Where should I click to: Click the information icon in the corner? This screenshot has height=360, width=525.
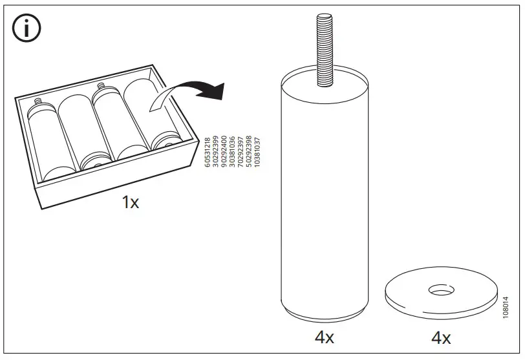coord(27,28)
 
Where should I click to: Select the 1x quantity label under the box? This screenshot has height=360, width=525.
coord(130,203)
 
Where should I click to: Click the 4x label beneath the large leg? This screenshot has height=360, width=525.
coord(324,337)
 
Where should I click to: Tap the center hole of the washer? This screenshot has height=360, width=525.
coord(442,292)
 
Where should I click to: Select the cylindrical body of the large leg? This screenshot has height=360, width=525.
coord(325,194)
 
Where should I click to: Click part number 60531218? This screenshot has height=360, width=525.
coord(208,153)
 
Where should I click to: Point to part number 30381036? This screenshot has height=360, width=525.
coord(233,153)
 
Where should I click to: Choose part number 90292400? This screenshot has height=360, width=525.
coord(224,153)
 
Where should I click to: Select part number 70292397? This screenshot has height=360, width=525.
coord(241,153)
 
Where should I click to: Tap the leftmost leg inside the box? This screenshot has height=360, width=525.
coord(43,138)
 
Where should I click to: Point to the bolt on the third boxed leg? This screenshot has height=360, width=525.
coord(101,86)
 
